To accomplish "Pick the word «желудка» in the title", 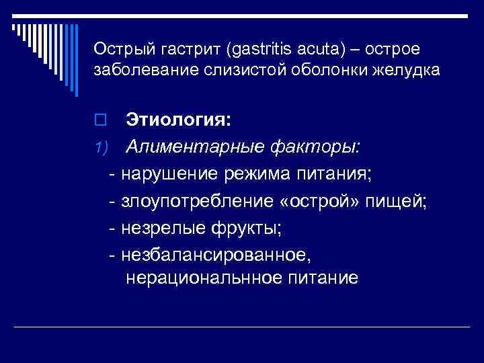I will pyautogui.click(x=410, y=69).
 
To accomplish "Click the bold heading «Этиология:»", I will pyautogui.click(x=178, y=121).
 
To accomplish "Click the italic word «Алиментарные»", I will pyautogui.click(x=196, y=147).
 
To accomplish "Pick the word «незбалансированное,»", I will pyautogui.click(x=216, y=255).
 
